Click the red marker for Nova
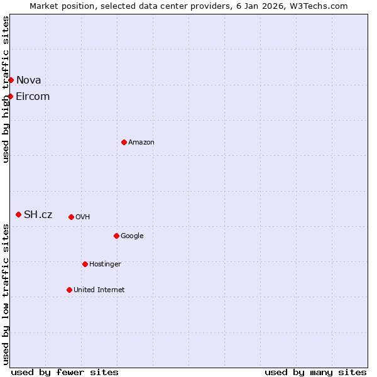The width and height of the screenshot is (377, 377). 11,80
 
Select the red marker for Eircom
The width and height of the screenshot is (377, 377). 11,96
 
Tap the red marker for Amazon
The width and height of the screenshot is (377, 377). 124,142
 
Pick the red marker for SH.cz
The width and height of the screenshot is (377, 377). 18,214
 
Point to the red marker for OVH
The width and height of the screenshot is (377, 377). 71,217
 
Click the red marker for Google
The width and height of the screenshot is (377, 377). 116,236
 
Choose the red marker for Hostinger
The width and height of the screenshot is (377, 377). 85,264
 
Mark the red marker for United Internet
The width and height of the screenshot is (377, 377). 69,290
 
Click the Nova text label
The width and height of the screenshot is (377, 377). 29,80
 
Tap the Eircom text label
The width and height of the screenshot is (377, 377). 33,96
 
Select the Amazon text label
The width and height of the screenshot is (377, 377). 141,142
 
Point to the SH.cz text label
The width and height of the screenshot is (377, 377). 38,214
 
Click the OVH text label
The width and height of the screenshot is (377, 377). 83,217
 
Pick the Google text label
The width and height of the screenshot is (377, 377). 132,236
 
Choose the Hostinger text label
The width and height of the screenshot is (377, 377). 105,264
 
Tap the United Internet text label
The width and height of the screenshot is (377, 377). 99,290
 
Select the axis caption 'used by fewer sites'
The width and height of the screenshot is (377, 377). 65,372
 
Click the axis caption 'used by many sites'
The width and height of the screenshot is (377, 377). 315,372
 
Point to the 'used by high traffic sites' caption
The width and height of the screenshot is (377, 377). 6,89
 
